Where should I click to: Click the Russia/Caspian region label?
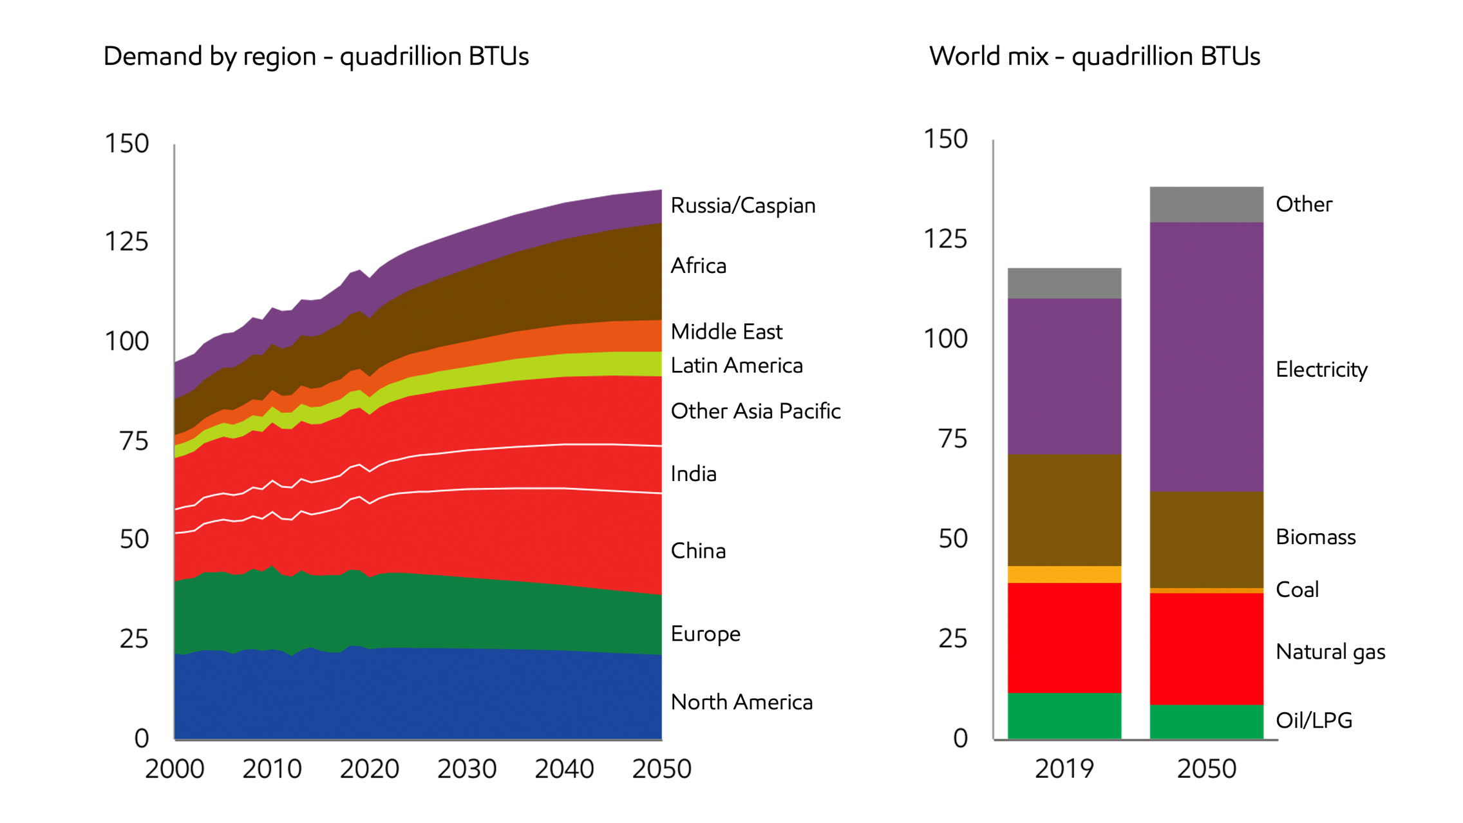pyautogui.click(x=742, y=205)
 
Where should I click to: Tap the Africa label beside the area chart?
pyautogui.click(x=698, y=265)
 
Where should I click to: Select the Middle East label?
pyautogui.click(x=726, y=332)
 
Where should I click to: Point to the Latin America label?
pyautogui.click(x=736, y=365)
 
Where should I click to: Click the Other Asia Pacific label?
pyautogui.click(x=755, y=411)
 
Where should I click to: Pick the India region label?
pyautogui.click(x=693, y=473)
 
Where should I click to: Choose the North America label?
pyautogui.click(x=741, y=702)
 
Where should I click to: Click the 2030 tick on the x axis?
pyautogui.click(x=467, y=769)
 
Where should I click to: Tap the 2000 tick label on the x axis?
pyautogui.click(x=175, y=769)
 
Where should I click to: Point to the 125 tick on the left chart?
pyautogui.click(x=126, y=242)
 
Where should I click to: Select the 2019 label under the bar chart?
pyautogui.click(x=1064, y=769)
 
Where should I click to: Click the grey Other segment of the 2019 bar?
pyautogui.click(x=1064, y=283)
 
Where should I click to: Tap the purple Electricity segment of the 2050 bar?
pyautogui.click(x=1206, y=357)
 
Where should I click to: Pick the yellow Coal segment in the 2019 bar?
pyautogui.click(x=1064, y=574)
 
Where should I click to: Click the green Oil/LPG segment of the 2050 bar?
pyautogui.click(x=1206, y=722)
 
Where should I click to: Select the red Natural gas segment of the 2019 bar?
pyautogui.click(x=1064, y=638)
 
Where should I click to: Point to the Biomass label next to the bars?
pyautogui.click(x=1315, y=537)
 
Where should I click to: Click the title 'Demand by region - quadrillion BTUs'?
pyautogui.click(x=316, y=57)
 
